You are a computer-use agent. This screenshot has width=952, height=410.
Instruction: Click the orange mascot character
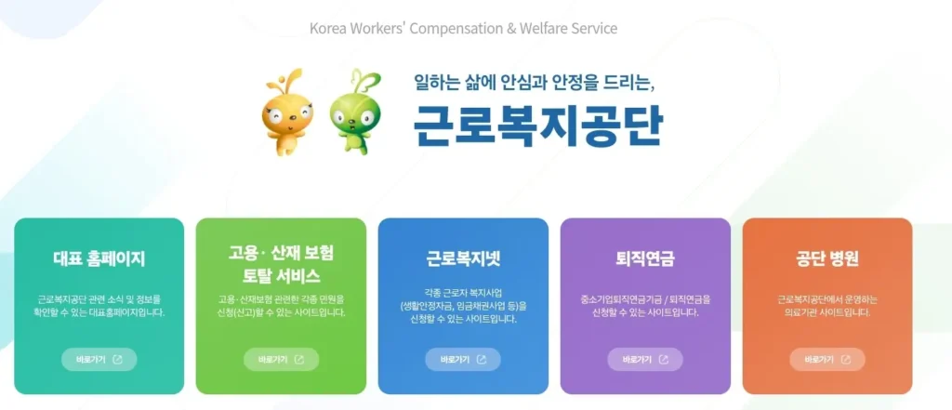coord(285,113)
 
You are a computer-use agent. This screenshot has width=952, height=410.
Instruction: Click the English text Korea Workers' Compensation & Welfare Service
coord(463,28)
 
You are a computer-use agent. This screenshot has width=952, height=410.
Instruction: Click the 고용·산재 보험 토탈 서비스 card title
coord(281,264)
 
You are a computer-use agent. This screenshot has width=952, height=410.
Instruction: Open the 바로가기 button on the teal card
coord(99,359)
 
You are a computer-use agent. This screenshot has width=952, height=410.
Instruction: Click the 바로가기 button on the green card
coord(281,359)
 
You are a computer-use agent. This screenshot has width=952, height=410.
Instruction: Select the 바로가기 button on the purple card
coord(645,359)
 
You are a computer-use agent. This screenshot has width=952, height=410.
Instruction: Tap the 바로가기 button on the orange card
coord(827,359)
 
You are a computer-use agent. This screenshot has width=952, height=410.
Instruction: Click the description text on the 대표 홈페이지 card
coord(99,306)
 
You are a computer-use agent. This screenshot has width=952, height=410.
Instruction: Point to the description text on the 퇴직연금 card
coord(645,306)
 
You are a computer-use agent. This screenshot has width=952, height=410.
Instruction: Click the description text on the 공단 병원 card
coord(827,306)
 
